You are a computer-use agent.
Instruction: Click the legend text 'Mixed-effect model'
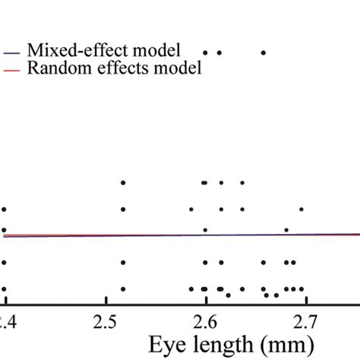[x=103, y=51]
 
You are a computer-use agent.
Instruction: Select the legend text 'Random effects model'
[x=114, y=68]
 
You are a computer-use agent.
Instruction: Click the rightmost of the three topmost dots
[x=264, y=52]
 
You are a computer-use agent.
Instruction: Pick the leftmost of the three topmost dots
[x=205, y=52]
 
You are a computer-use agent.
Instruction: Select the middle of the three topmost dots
[x=219, y=52]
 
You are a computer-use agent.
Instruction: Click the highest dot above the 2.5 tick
[x=123, y=182]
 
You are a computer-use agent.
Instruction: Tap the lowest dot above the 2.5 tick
[x=123, y=289]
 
